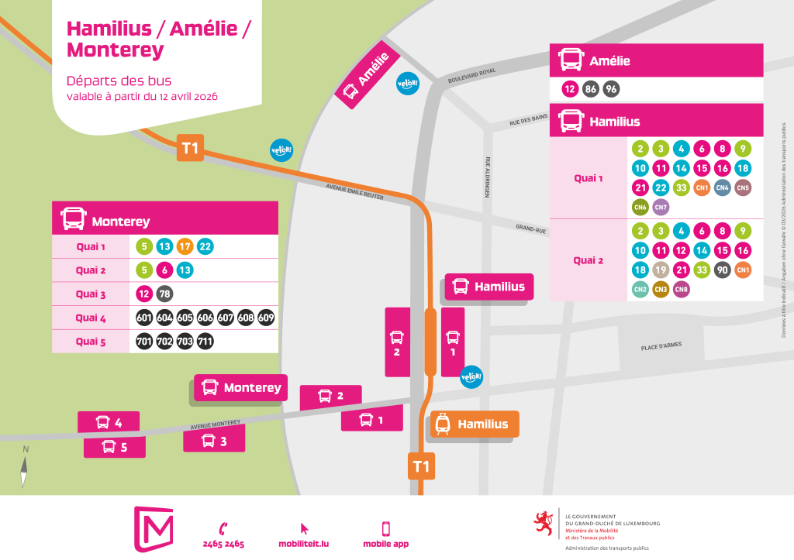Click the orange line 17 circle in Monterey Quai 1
pos(185,247)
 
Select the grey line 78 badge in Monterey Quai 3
pos(164,294)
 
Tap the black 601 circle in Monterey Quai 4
pos(144,318)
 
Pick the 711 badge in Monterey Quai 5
pos(205,342)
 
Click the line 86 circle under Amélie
pos(591,89)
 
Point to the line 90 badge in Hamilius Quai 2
pos(722,270)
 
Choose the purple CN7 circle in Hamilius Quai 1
pos(661,208)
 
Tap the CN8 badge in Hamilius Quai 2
pos(682,290)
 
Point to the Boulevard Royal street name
pos(471,76)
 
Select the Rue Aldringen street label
pos(488,177)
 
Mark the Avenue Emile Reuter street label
pos(355,192)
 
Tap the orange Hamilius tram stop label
pos(474,424)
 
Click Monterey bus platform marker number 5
pos(114,447)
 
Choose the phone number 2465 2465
pos(223,544)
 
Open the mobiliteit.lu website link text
pos(303,544)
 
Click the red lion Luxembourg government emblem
pos(544,524)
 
